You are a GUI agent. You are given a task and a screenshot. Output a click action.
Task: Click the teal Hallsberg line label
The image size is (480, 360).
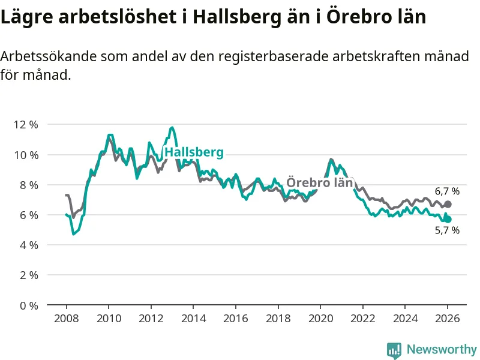pyautogui.click(x=194, y=152)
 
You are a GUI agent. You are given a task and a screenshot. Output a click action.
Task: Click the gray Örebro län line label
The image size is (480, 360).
pyautogui.click(x=319, y=182)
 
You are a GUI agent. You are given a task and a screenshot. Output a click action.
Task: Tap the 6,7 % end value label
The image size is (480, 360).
pyautogui.click(x=447, y=191)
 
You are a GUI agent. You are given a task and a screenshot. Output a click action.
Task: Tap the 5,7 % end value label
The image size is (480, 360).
pyautogui.click(x=447, y=230)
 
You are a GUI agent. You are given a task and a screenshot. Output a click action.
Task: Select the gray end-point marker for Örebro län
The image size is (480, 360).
pyautogui.click(x=448, y=205)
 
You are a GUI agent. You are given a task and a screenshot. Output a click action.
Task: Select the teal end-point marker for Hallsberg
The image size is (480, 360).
pyautogui.click(x=448, y=220)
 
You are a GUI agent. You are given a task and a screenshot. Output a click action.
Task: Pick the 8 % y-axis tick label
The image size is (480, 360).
pyautogui.click(x=28, y=185)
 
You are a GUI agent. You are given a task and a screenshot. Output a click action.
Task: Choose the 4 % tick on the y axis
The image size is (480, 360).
pyautogui.click(x=28, y=245)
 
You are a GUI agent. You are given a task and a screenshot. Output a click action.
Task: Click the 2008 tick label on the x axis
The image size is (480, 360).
pyautogui.click(x=65, y=319)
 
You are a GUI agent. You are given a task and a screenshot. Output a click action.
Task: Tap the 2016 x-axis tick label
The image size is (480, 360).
pyautogui.click(x=235, y=319)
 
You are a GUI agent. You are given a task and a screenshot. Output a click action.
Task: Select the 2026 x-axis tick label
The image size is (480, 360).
pyautogui.click(x=448, y=319)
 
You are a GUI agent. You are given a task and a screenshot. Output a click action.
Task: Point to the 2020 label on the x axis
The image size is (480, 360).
pyautogui.click(x=320, y=319)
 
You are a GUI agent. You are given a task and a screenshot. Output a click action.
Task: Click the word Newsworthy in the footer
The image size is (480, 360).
pyautogui.click(x=442, y=349)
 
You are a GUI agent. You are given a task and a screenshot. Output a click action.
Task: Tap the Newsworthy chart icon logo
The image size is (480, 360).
pyautogui.click(x=394, y=350)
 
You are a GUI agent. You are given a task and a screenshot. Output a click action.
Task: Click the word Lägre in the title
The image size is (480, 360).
pyautogui.click(x=26, y=17)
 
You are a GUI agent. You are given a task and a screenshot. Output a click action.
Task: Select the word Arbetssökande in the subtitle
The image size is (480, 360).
pyautogui.click(x=48, y=57)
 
